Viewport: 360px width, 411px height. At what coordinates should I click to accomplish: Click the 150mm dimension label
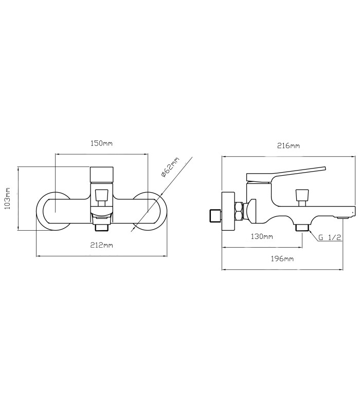point(101,144)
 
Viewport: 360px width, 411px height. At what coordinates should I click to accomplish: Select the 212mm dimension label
point(101,245)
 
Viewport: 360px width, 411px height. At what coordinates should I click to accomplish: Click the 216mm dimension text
point(289,146)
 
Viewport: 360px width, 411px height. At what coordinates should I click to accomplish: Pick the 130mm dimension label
point(262,236)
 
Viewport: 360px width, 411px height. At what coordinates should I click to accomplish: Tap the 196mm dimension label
point(282,259)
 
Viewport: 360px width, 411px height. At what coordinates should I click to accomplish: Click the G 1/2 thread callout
point(330,237)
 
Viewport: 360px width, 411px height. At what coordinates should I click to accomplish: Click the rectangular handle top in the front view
point(102,175)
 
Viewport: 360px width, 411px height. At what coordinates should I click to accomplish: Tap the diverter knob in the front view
point(101,195)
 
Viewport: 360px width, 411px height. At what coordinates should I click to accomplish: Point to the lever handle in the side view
point(286,174)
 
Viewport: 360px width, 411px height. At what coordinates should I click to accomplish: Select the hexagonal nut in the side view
point(239,211)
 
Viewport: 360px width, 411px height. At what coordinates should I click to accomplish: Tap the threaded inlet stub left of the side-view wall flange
point(215,215)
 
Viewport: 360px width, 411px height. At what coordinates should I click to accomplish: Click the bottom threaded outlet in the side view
point(302,228)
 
